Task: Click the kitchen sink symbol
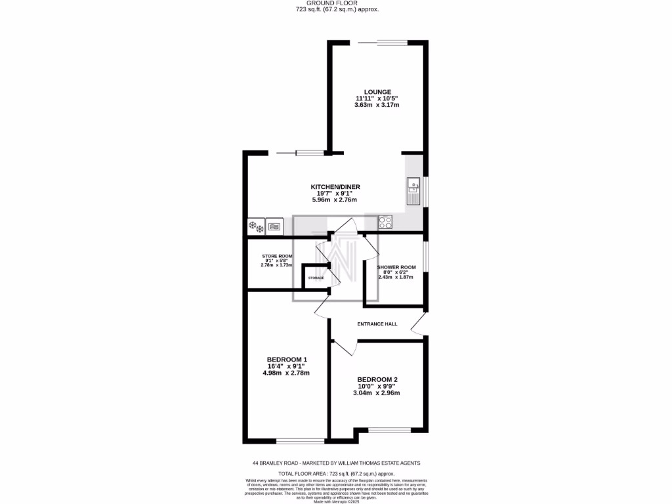(x=413, y=190)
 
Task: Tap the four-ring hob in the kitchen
(x=385, y=222)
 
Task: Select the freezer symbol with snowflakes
(x=255, y=227)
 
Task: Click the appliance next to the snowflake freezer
(x=274, y=227)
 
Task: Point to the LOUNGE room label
(x=378, y=92)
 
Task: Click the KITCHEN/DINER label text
(x=335, y=187)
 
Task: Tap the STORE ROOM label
(x=277, y=256)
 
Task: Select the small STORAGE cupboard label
(x=316, y=278)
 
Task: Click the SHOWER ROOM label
(x=396, y=268)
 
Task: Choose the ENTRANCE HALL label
(x=377, y=324)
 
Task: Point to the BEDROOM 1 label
(x=287, y=359)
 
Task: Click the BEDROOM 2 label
(x=377, y=380)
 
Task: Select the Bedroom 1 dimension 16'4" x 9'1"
(x=286, y=366)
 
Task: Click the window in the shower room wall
(x=425, y=256)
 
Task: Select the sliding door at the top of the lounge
(x=383, y=43)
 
